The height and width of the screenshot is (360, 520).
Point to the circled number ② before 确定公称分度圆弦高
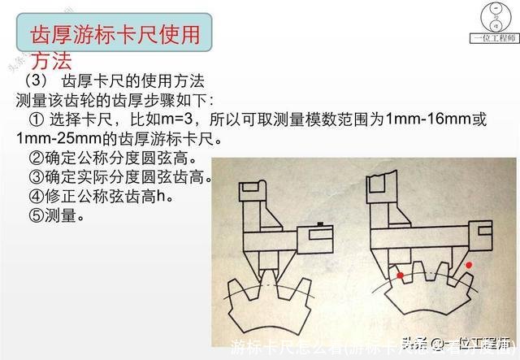36,158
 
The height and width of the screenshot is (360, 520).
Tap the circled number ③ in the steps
36,177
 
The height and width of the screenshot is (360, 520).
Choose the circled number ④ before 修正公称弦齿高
36,197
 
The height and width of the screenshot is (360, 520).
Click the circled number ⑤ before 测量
36,215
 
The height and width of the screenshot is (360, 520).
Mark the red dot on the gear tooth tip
399,276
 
